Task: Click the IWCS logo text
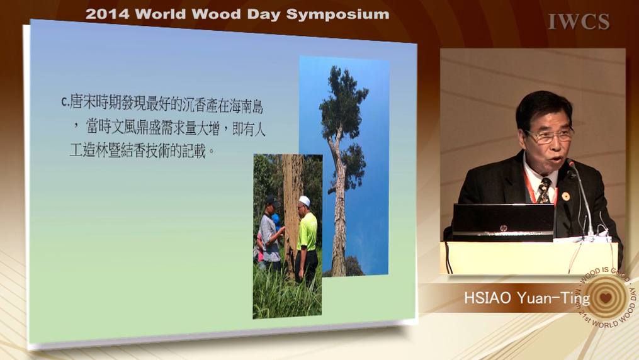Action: (579, 21)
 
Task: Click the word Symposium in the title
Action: (337, 14)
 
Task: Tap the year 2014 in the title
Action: (107, 14)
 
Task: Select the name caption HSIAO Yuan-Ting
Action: (527, 298)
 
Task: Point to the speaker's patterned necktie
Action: (543, 191)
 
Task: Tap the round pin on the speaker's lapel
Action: (565, 196)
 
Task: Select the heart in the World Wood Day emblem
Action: (606, 298)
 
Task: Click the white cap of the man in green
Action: (305, 201)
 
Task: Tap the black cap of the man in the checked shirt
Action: (272, 200)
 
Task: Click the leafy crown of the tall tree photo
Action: (343, 102)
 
